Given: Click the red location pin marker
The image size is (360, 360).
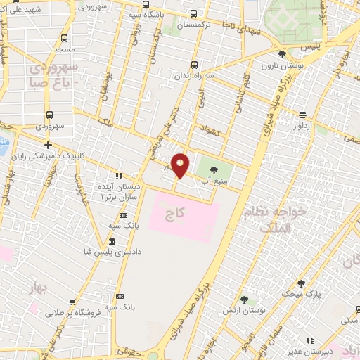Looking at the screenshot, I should click(x=181, y=165).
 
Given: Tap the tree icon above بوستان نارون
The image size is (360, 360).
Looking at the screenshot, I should click(x=282, y=53).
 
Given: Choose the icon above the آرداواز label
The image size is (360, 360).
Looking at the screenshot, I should click(x=302, y=115).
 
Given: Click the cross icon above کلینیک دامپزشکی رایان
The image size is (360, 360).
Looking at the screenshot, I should click(x=48, y=144).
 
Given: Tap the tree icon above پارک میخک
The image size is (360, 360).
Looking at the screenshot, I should click(x=302, y=283).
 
